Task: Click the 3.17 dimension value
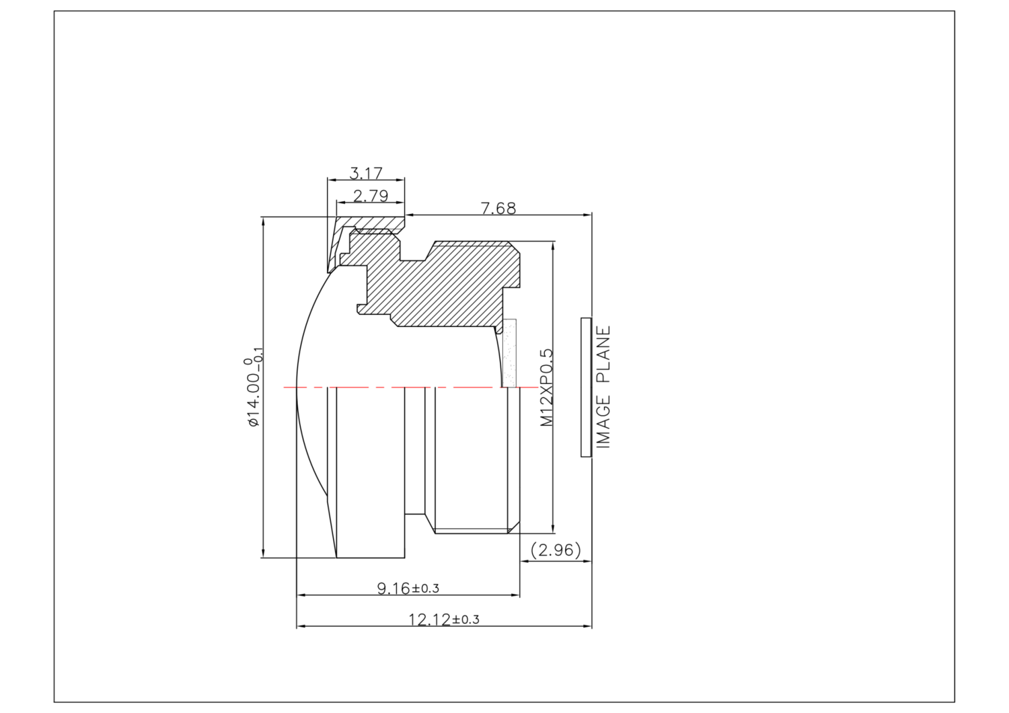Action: point(366,173)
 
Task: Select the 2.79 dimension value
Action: point(371,196)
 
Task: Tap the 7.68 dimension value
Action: point(498,209)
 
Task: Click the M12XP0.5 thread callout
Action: point(546,387)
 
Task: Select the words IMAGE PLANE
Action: point(603,387)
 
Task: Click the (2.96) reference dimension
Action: point(556,550)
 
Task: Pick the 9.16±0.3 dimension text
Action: point(408,589)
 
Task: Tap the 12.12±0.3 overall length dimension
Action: point(444,620)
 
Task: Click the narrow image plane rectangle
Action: point(586,387)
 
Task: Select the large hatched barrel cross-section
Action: point(457,283)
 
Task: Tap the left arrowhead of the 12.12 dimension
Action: point(301,626)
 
